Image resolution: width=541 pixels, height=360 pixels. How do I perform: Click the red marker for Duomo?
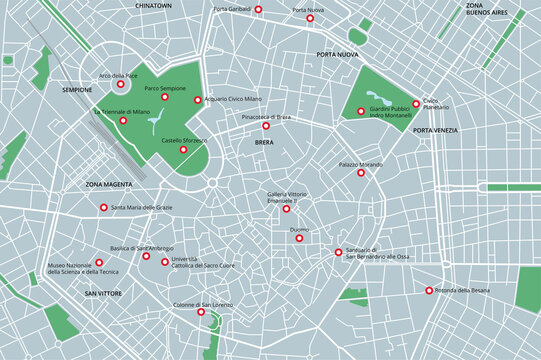point(299,238)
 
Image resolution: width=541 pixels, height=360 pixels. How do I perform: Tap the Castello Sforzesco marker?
point(182,150)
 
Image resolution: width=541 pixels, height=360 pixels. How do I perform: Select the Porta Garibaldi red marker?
point(258,9)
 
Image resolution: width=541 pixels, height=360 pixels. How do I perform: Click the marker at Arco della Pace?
point(121,85)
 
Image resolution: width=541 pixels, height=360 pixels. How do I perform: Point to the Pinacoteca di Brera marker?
point(266,126)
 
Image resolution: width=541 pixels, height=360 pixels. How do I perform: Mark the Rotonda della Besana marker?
point(430,291)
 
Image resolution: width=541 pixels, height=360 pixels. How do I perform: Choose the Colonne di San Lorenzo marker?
point(201,312)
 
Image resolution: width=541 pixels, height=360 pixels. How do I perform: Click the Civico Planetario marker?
point(416,103)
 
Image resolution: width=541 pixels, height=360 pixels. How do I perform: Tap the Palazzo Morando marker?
point(361,173)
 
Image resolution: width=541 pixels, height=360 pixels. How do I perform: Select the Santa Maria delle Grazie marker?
point(104,208)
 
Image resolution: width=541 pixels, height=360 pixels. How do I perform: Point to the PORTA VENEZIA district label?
point(436,131)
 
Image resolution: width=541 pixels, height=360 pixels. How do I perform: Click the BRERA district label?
point(264,143)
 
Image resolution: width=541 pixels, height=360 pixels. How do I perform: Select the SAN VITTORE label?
point(103,293)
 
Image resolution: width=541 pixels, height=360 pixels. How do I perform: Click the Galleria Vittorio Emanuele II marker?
point(286,209)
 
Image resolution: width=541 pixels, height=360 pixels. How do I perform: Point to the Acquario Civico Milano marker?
point(197,100)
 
